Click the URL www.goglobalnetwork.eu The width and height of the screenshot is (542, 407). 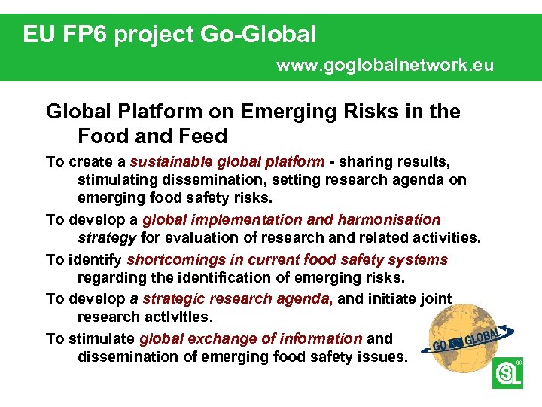pos(385,65)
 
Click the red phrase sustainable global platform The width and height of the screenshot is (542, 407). pos(227,161)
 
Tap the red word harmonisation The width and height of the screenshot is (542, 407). pos(389,219)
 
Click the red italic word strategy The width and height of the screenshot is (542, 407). pos(107,238)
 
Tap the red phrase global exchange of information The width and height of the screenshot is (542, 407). pos(251,338)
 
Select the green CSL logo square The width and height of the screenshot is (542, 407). pos(507,374)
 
